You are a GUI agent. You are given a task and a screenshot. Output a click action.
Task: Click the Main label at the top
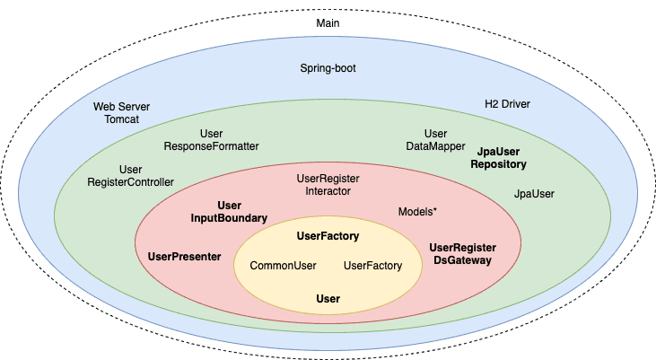[x=328, y=22]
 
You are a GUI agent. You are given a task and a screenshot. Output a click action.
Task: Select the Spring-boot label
[x=328, y=67]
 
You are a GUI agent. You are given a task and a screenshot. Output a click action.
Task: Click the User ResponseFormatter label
[x=211, y=139]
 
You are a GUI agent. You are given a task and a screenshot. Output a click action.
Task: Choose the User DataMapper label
[x=435, y=139]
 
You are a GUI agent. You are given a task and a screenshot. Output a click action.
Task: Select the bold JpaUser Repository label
[x=498, y=159]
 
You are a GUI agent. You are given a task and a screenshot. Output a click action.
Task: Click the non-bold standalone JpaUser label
[x=534, y=193]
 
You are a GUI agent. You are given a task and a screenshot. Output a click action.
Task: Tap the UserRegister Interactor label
[x=328, y=184]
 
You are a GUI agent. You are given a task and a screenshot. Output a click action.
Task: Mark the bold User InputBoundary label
[x=229, y=212]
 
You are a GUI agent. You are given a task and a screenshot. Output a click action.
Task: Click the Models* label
[x=417, y=211]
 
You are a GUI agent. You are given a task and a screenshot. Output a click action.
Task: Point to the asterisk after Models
[x=434, y=210]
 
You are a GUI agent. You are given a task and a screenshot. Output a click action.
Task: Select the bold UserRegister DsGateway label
[x=462, y=254]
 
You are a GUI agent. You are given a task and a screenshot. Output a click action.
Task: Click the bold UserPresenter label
[x=184, y=257]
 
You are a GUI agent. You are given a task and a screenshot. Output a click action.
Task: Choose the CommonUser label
[x=283, y=266]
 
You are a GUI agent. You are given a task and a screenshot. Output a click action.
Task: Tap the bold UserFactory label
[x=328, y=236]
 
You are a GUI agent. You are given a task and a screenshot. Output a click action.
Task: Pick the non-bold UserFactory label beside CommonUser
[x=372, y=266]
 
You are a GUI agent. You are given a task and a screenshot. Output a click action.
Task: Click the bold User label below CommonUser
[x=328, y=298]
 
